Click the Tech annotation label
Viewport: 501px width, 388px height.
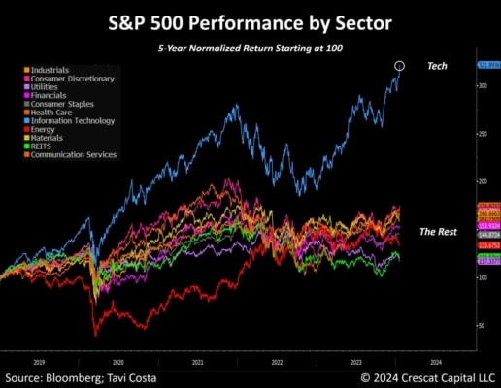(437, 66)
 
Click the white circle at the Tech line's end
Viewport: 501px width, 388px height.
(399, 66)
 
